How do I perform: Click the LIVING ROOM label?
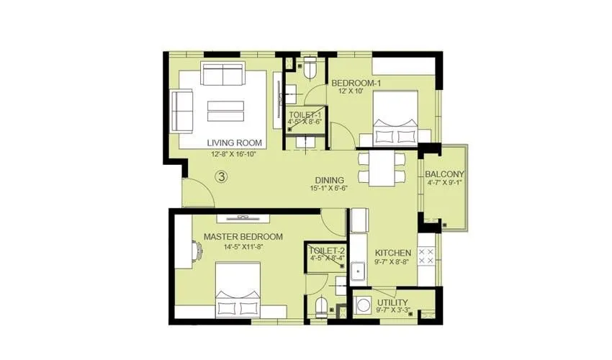[x=234, y=143]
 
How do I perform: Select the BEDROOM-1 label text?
[x=356, y=84]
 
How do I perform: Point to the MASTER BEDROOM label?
[x=243, y=236]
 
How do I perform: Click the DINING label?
[x=329, y=180]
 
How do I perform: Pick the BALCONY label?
[x=444, y=174]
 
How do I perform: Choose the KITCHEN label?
[x=392, y=253]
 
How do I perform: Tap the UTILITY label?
[x=392, y=302]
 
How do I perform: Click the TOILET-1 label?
[x=306, y=114]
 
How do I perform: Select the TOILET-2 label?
[x=326, y=252]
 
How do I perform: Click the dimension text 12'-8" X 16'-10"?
[x=235, y=154]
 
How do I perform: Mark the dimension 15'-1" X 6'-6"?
[x=329, y=189]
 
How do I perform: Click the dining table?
[x=382, y=168]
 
